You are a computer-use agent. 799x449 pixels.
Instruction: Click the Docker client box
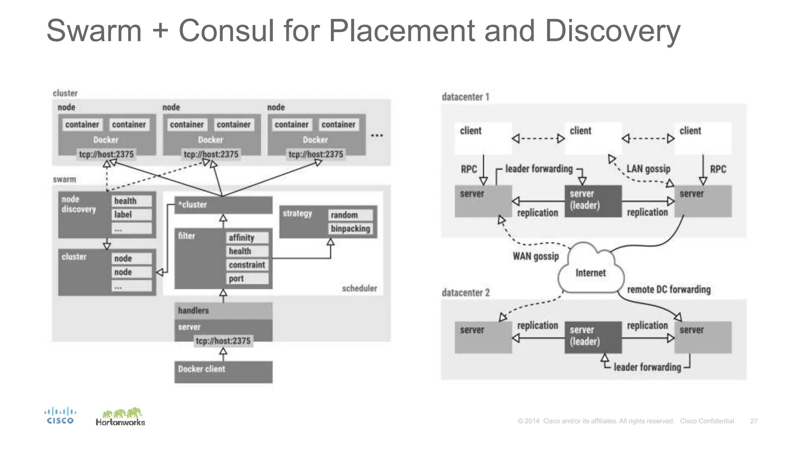coord(223,371)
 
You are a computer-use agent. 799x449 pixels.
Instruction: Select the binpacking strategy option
coord(350,229)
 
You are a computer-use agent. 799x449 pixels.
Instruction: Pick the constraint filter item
coord(247,265)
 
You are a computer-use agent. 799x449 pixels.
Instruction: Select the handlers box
coord(223,311)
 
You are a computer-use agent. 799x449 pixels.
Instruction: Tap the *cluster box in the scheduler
coord(223,205)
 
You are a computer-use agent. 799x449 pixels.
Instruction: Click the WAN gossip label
coord(535,256)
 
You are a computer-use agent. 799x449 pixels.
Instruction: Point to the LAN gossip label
coord(648,169)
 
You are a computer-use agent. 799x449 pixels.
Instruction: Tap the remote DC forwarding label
coord(668,290)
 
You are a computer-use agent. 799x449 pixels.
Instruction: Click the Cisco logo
coord(60,416)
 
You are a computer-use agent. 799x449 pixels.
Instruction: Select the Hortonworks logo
coord(120,417)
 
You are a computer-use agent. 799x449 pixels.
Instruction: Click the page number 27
coord(753,421)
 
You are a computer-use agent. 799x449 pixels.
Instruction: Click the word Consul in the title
coord(226,31)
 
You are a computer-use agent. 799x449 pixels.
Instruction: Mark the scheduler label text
coord(359,288)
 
